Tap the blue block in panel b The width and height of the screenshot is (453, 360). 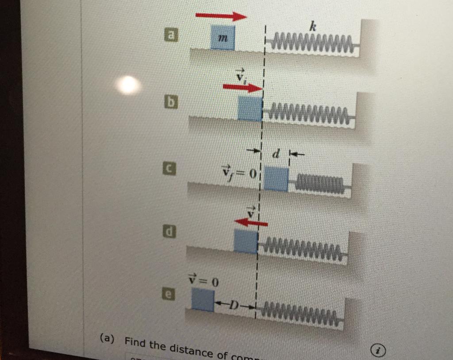(x=250, y=109)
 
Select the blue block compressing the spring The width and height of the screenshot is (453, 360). (x=276, y=179)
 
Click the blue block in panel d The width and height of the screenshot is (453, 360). (x=246, y=241)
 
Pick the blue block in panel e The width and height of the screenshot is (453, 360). (x=203, y=299)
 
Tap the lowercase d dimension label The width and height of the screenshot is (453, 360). (x=276, y=155)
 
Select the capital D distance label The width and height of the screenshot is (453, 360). (x=234, y=306)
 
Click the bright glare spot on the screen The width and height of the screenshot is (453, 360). (x=128, y=85)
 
